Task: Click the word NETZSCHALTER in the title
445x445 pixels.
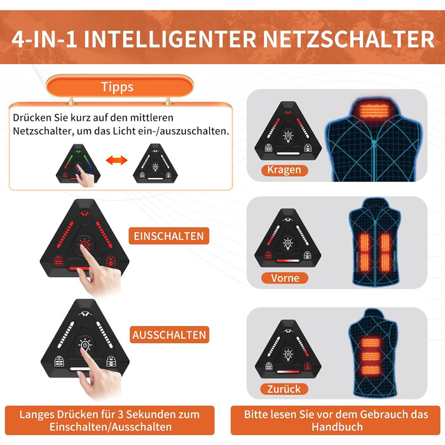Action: coord(348,39)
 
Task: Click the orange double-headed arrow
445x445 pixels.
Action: coord(116,160)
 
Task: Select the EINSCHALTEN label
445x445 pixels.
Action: coord(169,236)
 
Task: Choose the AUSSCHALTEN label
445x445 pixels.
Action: coord(169,335)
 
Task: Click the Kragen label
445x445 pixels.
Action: coord(284,170)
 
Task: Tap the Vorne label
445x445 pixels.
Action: coord(285,278)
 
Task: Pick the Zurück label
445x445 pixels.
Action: coord(284,389)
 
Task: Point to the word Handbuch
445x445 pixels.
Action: coord(337,427)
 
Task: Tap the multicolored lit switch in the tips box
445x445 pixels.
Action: coord(78,164)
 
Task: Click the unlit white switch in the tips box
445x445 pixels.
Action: coord(155,164)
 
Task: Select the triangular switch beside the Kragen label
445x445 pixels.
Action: coord(288,130)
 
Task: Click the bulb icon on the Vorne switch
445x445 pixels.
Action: coord(288,243)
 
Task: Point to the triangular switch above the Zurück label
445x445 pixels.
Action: coord(288,349)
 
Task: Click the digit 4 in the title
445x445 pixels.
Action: coord(18,39)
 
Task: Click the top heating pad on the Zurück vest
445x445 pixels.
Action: coord(371,343)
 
